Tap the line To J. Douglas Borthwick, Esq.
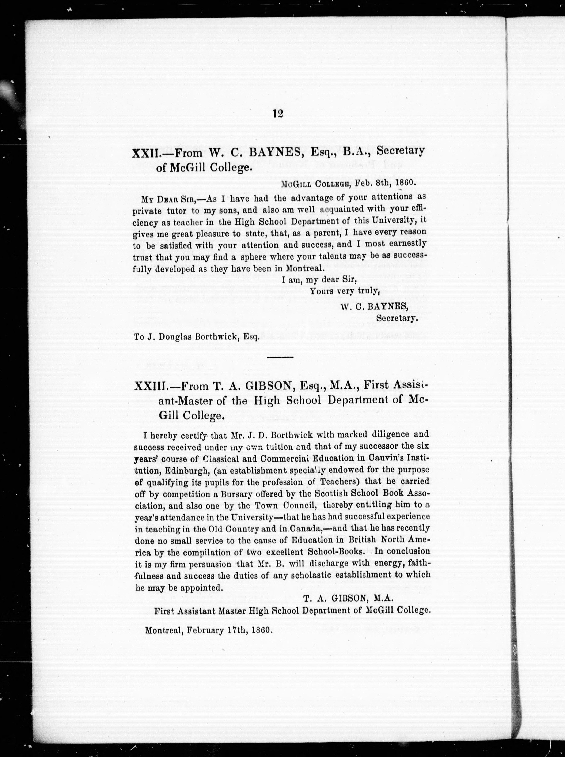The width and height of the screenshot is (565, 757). (197, 337)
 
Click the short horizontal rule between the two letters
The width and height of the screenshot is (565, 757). (280, 357)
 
